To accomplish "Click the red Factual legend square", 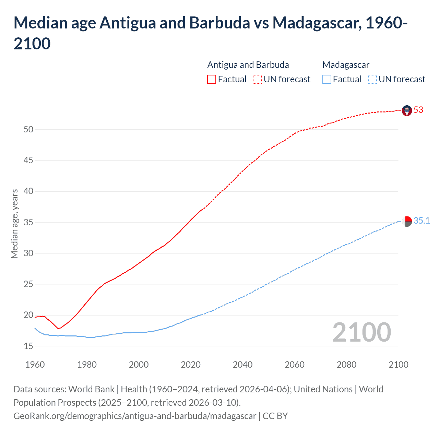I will [x=212, y=79].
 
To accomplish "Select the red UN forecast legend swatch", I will [x=257, y=79].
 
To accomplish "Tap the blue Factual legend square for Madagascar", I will [x=327, y=79].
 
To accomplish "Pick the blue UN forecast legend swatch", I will [x=372, y=79].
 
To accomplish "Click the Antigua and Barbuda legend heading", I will [x=248, y=65].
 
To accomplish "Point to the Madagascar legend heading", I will [x=346, y=65].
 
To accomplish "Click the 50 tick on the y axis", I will [x=28, y=129].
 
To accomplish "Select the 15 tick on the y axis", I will [x=28, y=346].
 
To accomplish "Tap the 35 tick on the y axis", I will [x=28, y=222].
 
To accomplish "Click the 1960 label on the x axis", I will [x=35, y=365].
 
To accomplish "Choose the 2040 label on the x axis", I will [x=242, y=365].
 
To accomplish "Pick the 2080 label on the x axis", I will [x=346, y=365].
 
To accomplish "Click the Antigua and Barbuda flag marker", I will [x=407, y=110].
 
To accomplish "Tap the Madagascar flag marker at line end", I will [x=407, y=222].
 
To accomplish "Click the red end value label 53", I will [x=418, y=110].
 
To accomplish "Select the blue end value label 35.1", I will [x=422, y=221].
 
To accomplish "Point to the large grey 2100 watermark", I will [x=361, y=332].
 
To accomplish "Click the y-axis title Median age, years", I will [x=14, y=224].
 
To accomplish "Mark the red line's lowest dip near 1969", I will [x=58, y=329].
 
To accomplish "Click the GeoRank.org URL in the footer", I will [x=135, y=416].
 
